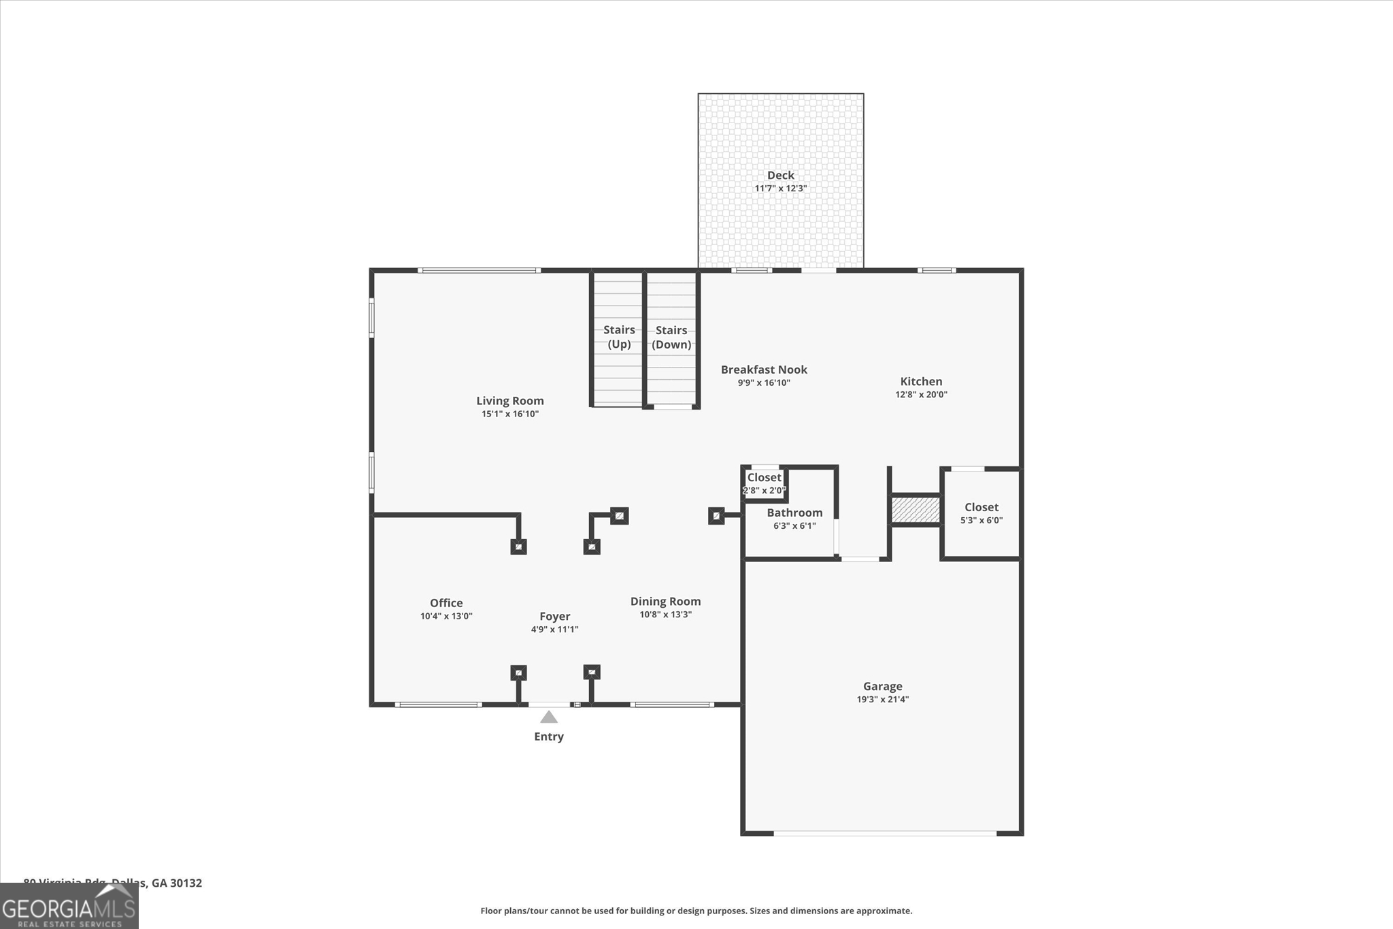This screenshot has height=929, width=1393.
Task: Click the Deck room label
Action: click(x=780, y=176)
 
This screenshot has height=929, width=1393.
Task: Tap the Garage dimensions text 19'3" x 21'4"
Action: click(x=882, y=699)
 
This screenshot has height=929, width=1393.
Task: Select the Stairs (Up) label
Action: click(x=619, y=337)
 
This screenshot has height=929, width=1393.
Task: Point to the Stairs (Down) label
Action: click(x=671, y=337)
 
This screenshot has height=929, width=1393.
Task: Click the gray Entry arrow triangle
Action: click(x=549, y=717)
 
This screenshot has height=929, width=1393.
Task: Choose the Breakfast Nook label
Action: click(x=764, y=370)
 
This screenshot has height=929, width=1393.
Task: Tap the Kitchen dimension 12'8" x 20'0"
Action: click(x=921, y=394)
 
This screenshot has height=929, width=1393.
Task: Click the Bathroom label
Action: click(x=794, y=512)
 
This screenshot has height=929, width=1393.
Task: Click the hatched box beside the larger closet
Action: click(x=916, y=510)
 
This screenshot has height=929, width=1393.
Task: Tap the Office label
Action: click(x=446, y=603)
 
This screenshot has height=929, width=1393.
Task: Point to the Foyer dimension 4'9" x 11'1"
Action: click(x=554, y=630)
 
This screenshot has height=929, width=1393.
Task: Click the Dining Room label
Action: click(x=665, y=602)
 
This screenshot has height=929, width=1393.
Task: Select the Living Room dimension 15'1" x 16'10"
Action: click(x=510, y=414)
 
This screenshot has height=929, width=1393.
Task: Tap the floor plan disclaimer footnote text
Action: click(x=696, y=911)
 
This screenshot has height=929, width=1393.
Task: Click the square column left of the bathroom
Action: click(x=716, y=516)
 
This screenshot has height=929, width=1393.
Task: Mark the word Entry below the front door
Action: click(x=549, y=736)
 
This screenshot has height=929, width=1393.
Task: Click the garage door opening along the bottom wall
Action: click(x=884, y=833)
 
